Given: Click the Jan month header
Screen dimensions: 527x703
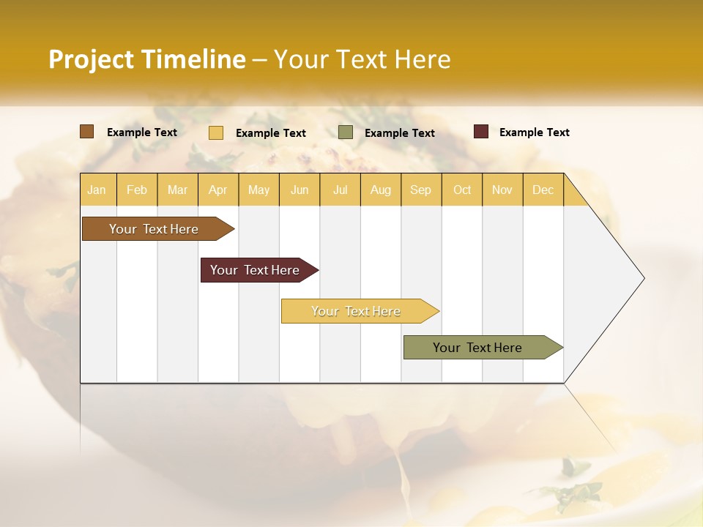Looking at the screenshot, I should (x=97, y=190).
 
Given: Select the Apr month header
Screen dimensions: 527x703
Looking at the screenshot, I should (x=218, y=190).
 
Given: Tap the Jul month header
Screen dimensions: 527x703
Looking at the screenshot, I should (x=340, y=190).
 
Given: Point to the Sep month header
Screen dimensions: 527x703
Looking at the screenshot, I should (x=420, y=190).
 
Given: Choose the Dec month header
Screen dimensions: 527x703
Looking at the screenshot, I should (x=543, y=190).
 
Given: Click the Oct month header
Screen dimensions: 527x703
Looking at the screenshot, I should (x=462, y=190).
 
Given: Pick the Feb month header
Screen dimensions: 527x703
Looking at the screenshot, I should (x=137, y=190).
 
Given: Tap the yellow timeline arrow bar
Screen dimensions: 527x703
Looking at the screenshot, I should (x=357, y=311).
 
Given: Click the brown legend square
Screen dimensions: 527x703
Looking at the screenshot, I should (x=87, y=132).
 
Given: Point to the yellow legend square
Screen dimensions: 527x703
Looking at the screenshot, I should (x=216, y=132).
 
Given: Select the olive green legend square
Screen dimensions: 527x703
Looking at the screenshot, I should (x=346, y=132).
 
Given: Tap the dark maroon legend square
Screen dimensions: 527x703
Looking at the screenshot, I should (x=481, y=132).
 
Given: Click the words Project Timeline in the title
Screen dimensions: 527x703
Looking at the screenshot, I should (x=147, y=59).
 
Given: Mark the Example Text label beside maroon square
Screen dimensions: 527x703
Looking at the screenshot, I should (x=534, y=132).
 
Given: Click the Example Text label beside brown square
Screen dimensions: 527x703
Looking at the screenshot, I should (x=142, y=132).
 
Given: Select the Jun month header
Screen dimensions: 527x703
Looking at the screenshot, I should (x=300, y=190).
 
